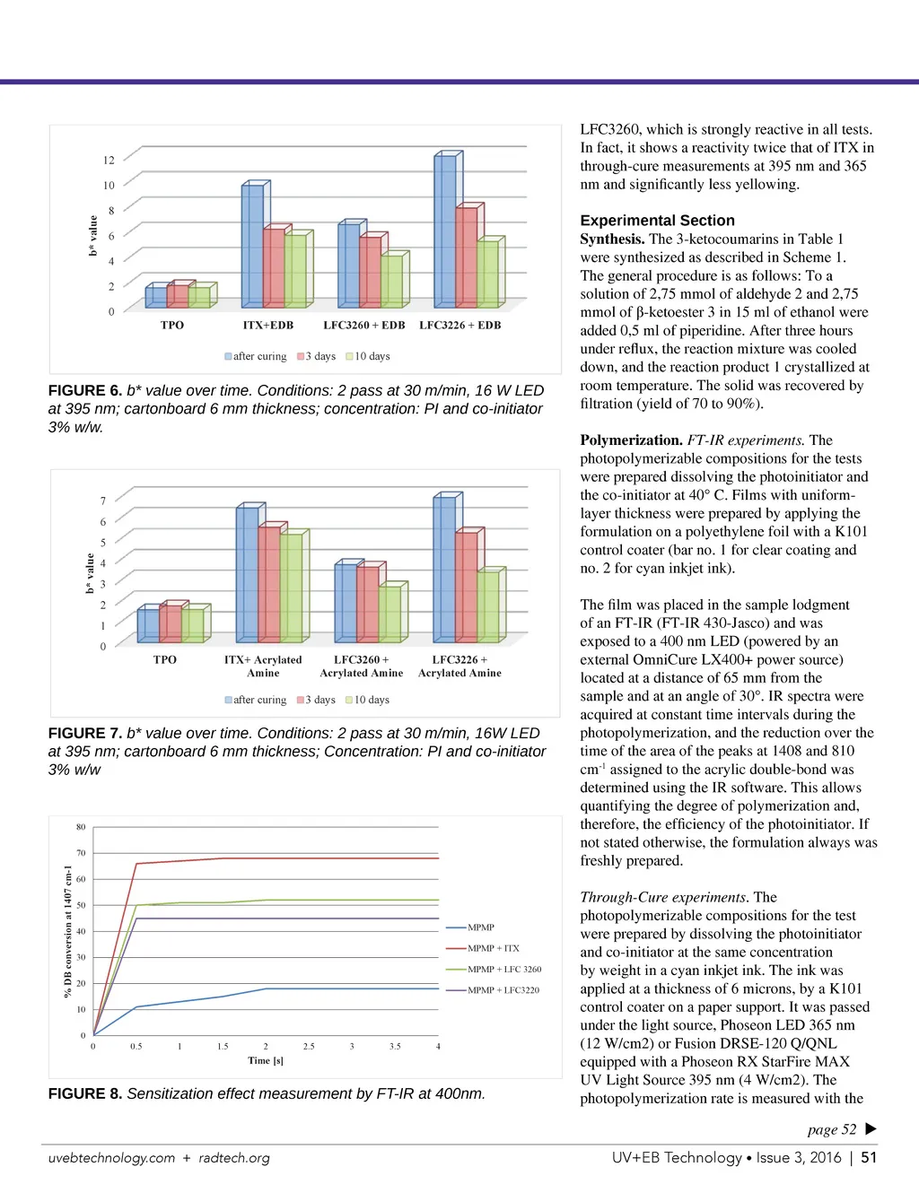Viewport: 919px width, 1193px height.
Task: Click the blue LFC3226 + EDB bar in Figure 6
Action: tap(444, 231)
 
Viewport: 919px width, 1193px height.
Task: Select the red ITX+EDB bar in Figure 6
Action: tap(274, 267)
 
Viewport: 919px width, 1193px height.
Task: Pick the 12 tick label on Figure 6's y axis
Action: tap(109, 161)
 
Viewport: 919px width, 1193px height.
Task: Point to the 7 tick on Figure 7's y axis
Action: tap(103, 501)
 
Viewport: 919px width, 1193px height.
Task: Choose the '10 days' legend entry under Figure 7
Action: tap(368, 700)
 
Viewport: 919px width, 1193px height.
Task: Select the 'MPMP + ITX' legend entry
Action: tap(493, 948)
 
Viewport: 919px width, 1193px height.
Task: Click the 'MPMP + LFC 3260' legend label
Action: tap(504, 970)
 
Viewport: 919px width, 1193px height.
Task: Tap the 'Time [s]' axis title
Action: tap(266, 1060)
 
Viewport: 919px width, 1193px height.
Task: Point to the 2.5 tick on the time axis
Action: tap(309, 1046)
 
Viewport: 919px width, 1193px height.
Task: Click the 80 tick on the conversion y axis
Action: tap(81, 827)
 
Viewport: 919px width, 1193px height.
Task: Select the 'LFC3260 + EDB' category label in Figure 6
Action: tap(364, 326)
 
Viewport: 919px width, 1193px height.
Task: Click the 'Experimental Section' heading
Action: tap(657, 221)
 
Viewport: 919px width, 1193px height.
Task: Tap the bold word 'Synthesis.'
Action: tap(612, 239)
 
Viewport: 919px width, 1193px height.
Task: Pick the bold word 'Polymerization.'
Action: tap(631, 440)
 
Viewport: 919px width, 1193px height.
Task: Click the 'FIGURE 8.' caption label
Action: tap(85, 1094)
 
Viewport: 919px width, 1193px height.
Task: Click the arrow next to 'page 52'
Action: tap(871, 1129)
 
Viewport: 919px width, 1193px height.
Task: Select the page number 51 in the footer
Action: tap(869, 1158)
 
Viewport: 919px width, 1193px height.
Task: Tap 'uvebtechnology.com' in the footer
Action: tap(111, 1158)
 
